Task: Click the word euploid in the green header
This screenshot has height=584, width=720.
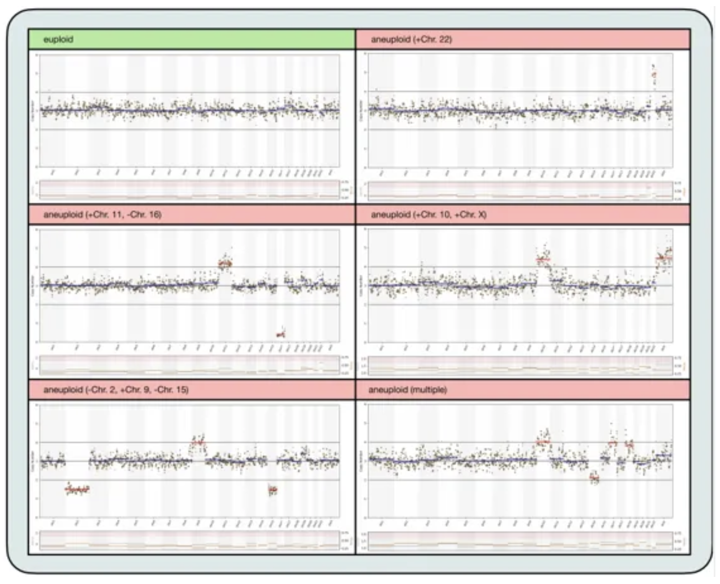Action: [58, 39]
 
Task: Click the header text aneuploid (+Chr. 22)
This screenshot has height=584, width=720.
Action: [411, 39]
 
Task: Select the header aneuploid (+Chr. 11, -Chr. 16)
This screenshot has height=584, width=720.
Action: [102, 215]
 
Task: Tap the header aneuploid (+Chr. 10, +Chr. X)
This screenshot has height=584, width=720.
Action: [428, 215]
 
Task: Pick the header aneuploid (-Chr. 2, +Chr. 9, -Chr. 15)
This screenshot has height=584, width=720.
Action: [116, 390]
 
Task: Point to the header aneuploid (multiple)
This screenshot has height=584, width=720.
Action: [408, 390]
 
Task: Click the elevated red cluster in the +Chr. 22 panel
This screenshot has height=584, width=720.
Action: [654, 74]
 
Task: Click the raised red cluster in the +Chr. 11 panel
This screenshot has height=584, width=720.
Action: [225, 263]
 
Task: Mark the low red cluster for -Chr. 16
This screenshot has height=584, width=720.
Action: [281, 334]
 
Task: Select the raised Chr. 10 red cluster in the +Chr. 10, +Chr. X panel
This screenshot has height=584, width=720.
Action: [543, 260]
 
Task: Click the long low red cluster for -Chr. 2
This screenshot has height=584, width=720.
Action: [77, 489]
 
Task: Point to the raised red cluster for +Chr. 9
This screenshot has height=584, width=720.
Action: [198, 443]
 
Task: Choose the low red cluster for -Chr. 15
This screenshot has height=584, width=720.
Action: [273, 489]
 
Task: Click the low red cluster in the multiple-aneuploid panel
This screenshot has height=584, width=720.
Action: [595, 477]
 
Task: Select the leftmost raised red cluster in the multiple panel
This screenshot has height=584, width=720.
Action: [543, 442]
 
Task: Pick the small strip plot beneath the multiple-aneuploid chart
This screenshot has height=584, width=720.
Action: [520, 541]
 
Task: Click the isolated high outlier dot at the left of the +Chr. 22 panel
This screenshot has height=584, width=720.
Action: [377, 89]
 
